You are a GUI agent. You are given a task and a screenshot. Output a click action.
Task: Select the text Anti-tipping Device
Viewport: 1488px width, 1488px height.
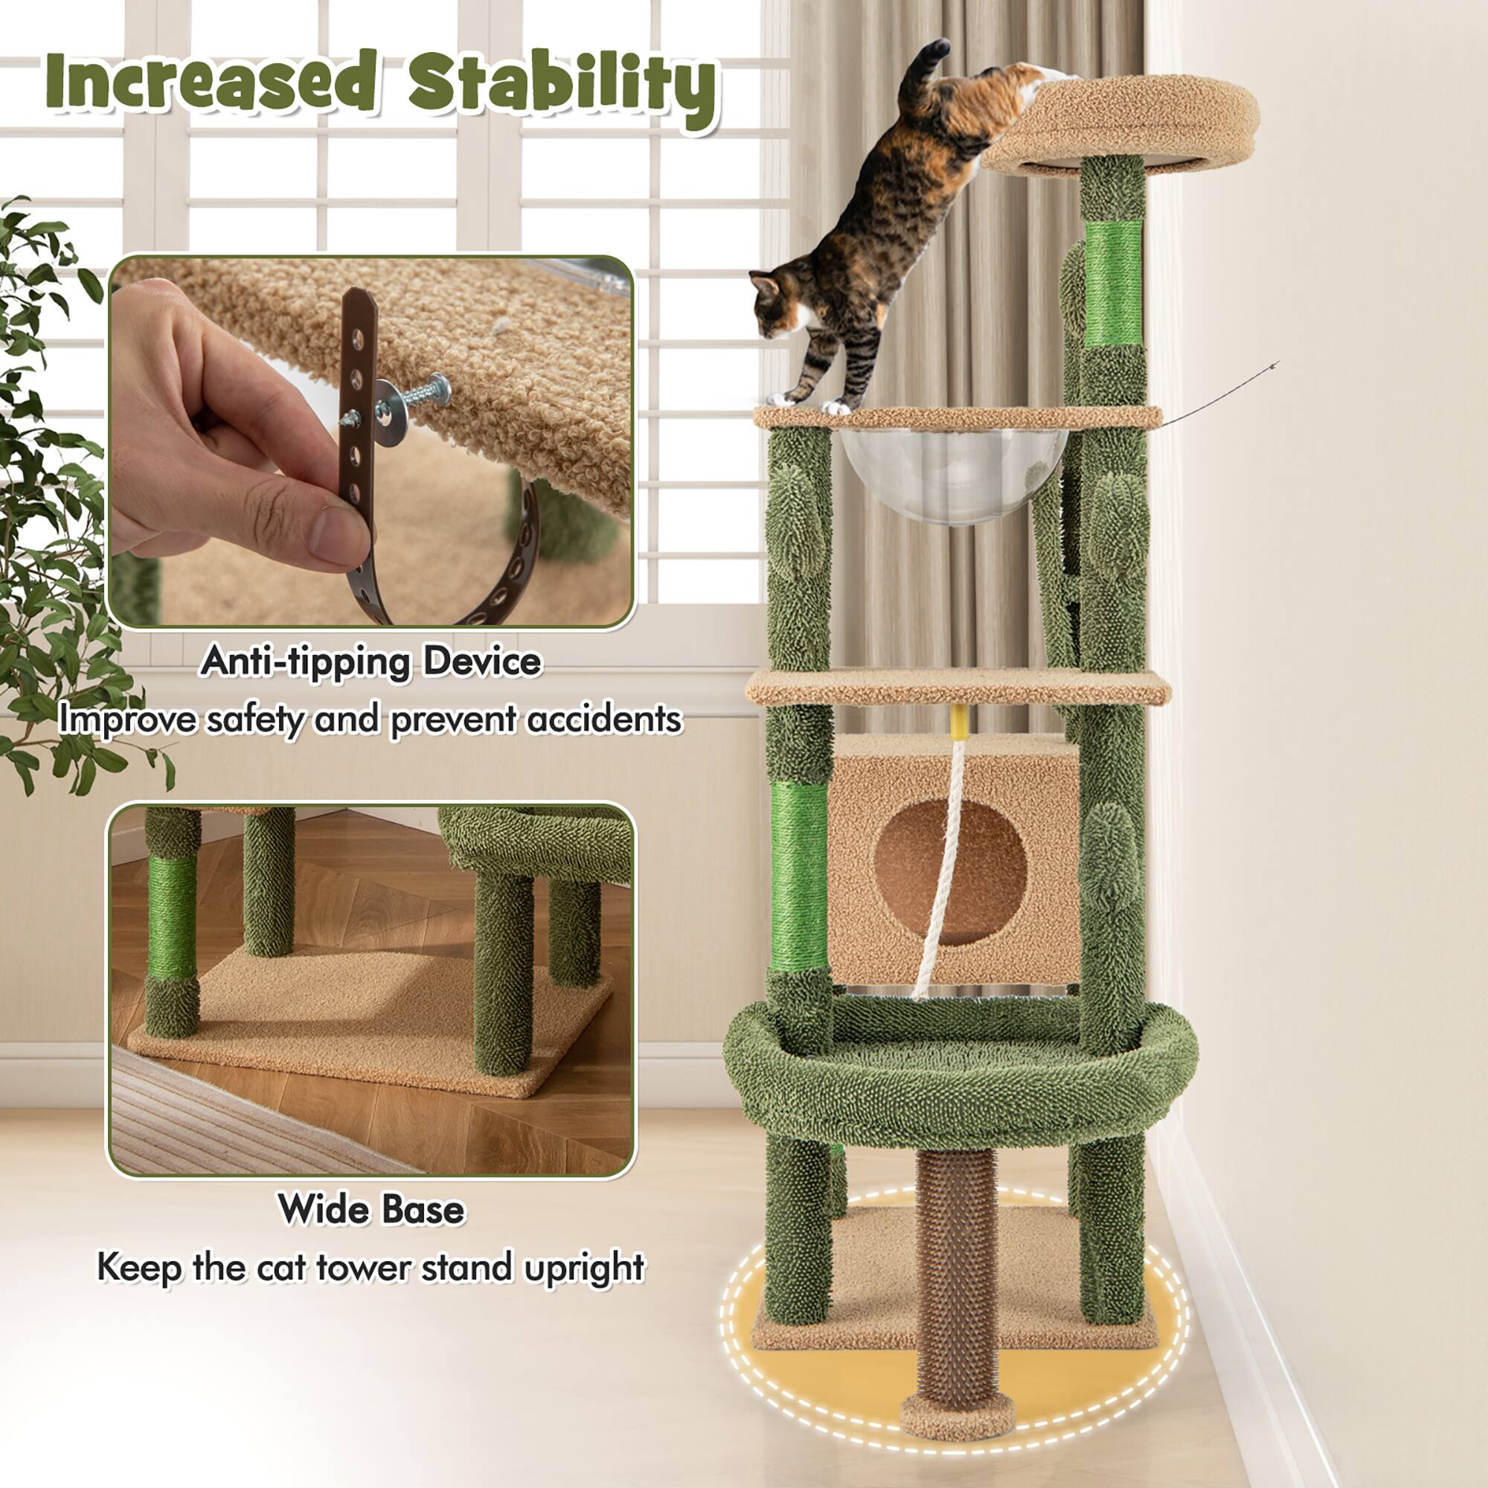click(371, 661)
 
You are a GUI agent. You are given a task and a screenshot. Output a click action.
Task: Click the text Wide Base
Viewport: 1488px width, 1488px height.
click(371, 1208)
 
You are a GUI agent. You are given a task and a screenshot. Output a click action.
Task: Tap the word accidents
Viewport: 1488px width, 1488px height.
click(605, 720)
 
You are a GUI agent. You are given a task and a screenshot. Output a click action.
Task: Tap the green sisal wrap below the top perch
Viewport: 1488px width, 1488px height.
click(1113, 282)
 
